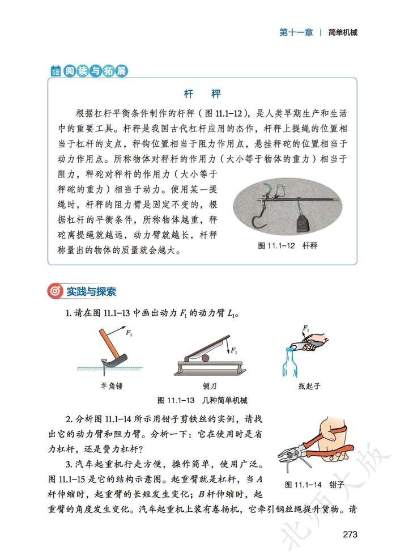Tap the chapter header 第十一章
pyautogui.click(x=296, y=32)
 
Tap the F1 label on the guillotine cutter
pyautogui.click(x=233, y=351)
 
